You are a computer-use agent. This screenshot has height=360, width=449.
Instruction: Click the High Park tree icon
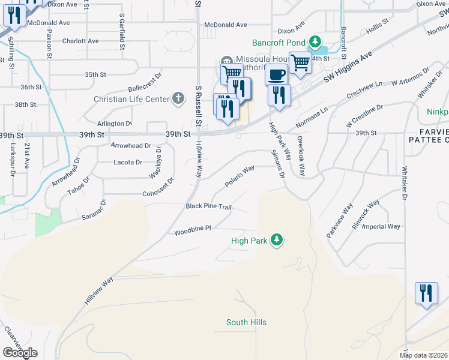tap(277, 240)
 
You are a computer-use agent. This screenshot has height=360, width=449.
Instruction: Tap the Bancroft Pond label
tap(279, 43)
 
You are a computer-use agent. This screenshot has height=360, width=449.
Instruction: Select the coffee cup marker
tap(276, 74)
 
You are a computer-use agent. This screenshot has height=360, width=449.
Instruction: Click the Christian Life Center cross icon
tap(178, 98)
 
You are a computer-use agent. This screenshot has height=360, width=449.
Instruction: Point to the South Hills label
tap(246, 323)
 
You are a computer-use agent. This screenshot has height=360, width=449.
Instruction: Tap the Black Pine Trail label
tap(208, 206)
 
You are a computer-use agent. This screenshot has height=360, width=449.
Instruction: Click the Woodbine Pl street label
tap(193, 230)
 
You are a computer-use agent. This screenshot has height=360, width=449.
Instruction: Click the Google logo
tap(20, 353)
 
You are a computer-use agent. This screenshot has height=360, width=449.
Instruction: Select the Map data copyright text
tap(424, 355)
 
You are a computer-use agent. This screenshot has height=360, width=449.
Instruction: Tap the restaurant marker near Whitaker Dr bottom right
tap(426, 294)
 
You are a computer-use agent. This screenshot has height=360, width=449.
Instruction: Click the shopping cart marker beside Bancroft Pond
tap(300, 62)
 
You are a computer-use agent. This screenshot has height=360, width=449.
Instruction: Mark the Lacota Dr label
tap(127, 162)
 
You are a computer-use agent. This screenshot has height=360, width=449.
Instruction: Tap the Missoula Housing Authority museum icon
tap(227, 59)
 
